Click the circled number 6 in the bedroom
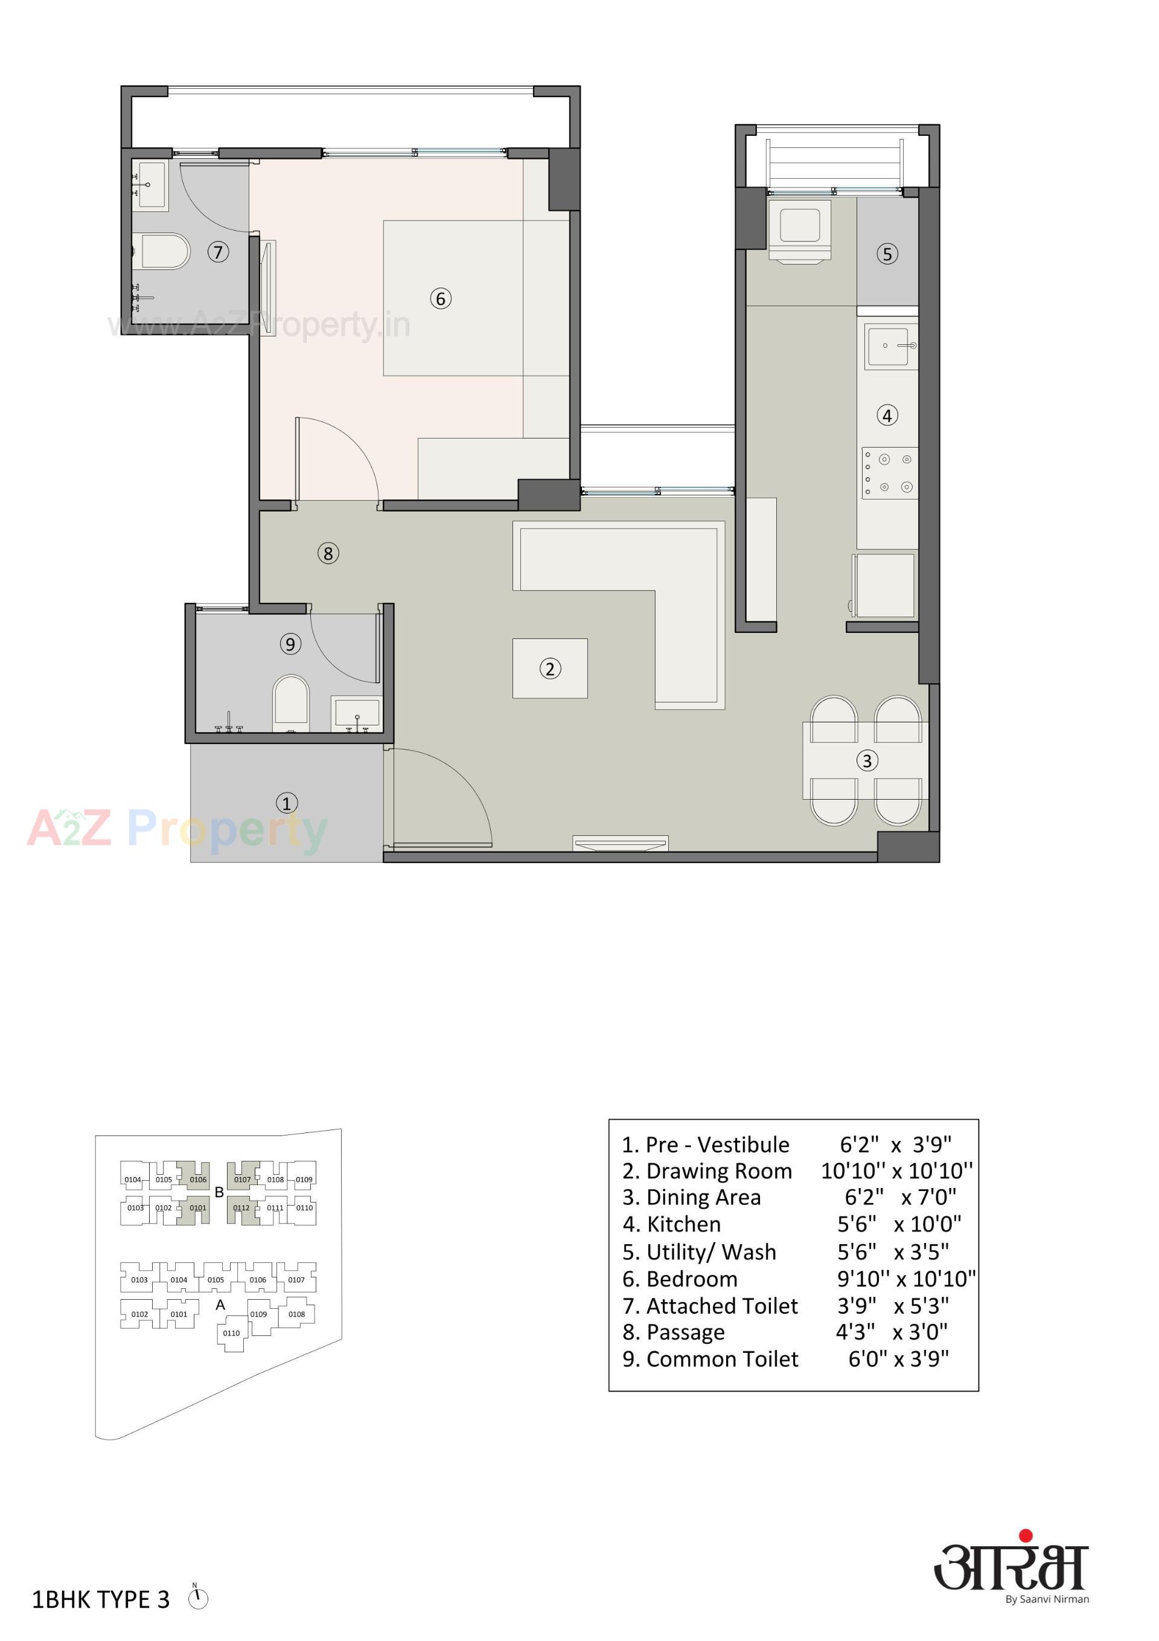coord(440,299)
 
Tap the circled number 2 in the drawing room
coord(549,669)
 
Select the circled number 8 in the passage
coord(328,553)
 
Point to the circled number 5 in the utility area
coord(887,254)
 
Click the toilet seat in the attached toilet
coord(165,251)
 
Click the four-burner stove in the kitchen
coord(890,472)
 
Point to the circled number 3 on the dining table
coord(867,760)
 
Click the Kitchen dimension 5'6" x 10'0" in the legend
coord(899,1224)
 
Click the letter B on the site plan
coord(219,1192)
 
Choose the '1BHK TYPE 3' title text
coord(101,1599)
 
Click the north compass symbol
coord(198,1598)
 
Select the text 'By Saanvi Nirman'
coord(1047,1599)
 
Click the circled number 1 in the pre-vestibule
coord(287,803)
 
